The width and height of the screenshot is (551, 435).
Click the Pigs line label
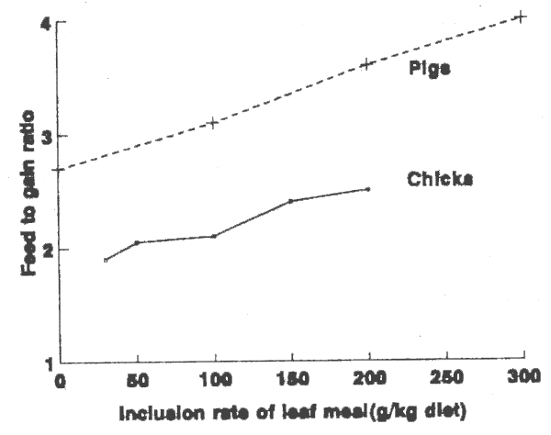click(x=430, y=69)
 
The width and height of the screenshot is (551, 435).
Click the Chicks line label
click(x=440, y=180)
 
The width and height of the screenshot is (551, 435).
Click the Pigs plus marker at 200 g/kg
click(x=367, y=63)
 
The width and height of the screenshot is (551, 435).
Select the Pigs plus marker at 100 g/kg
click(x=214, y=122)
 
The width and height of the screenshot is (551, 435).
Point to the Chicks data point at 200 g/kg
click(x=367, y=189)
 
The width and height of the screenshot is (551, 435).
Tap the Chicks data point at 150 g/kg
click(x=290, y=200)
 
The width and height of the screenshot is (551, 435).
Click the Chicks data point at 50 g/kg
click(x=137, y=242)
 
